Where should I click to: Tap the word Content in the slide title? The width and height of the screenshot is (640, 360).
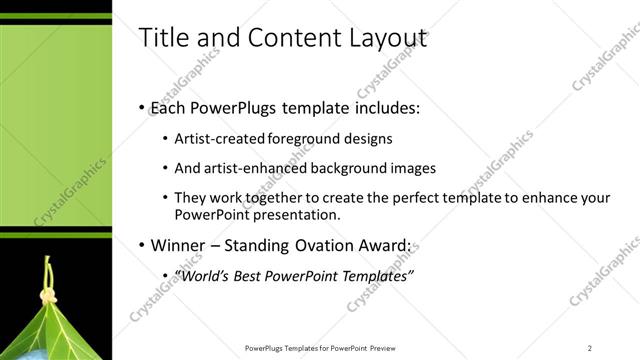click(280, 38)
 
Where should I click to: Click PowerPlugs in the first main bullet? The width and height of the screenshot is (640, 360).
click(239, 107)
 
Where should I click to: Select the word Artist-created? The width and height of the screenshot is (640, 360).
click(219, 139)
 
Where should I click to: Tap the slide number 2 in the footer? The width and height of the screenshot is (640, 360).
click(590, 348)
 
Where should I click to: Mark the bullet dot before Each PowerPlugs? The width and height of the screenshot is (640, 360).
click(140, 107)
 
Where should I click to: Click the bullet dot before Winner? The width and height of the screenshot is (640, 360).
click(140, 245)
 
